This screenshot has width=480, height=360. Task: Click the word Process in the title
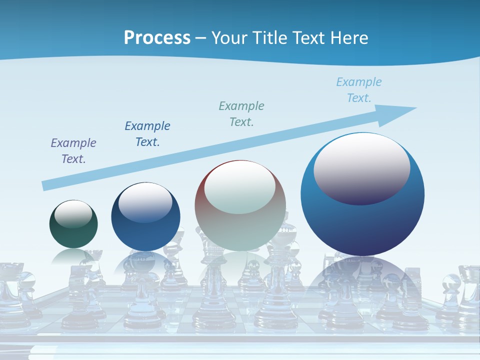[x=157, y=38]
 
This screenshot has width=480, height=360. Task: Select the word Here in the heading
[x=349, y=38]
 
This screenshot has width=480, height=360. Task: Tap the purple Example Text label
[x=73, y=151]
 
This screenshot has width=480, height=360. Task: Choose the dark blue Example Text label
[x=147, y=134]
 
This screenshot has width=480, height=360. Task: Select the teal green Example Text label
[x=241, y=113]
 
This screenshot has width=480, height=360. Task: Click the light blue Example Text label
[x=359, y=90]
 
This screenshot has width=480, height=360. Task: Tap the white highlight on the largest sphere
[x=361, y=167]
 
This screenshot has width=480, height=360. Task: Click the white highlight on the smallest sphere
[x=73, y=213]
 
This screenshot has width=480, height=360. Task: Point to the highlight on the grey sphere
[x=240, y=187]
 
